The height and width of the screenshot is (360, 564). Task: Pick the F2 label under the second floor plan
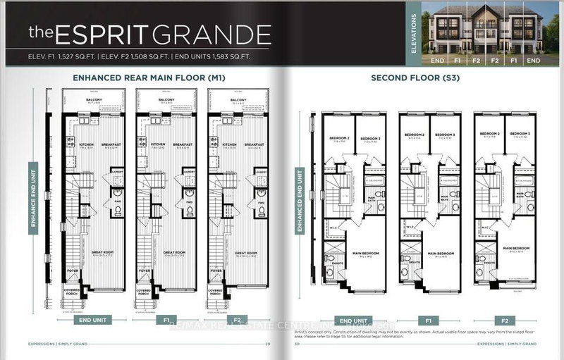(504, 318)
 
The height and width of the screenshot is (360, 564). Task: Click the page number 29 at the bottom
(268, 344)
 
